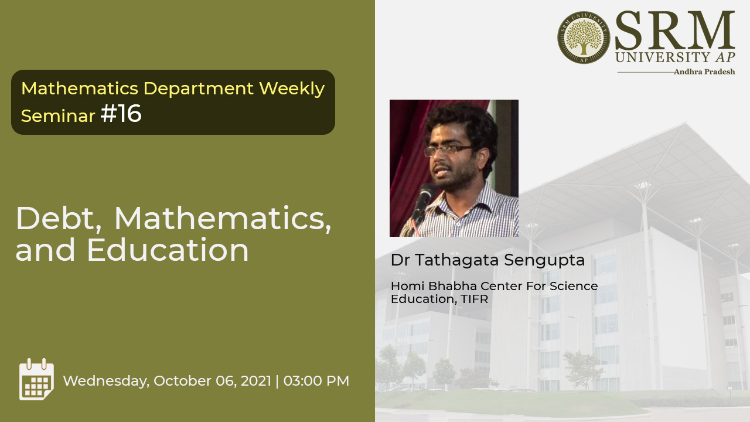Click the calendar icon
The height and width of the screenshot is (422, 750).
point(36,379)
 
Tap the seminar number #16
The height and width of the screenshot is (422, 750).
point(121,114)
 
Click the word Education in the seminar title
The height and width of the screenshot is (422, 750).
point(168,250)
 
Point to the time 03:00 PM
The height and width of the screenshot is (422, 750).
point(316,381)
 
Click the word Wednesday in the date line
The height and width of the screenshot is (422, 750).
point(106,382)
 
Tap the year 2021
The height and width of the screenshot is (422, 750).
point(256,381)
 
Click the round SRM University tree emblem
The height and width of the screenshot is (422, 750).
point(584,38)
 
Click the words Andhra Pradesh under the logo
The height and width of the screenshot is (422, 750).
point(704,72)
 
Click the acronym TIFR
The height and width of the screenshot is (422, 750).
point(475,299)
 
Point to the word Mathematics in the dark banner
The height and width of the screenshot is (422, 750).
point(80,89)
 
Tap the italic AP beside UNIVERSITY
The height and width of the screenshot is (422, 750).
point(725,57)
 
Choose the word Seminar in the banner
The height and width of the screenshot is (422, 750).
point(58,116)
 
